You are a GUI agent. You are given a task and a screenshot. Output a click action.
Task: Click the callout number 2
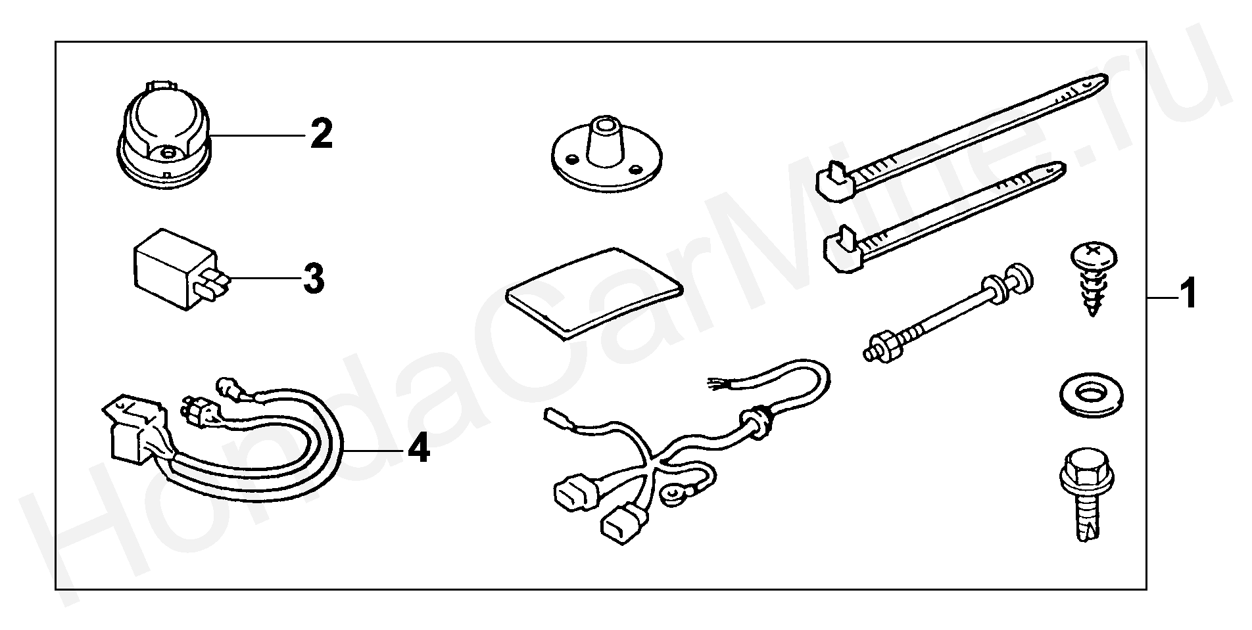point(322,133)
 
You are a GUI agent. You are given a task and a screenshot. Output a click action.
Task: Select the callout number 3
point(314,278)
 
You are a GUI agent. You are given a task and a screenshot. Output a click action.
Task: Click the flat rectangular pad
point(593,293)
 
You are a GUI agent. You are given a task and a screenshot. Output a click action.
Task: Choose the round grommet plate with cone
point(606,156)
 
